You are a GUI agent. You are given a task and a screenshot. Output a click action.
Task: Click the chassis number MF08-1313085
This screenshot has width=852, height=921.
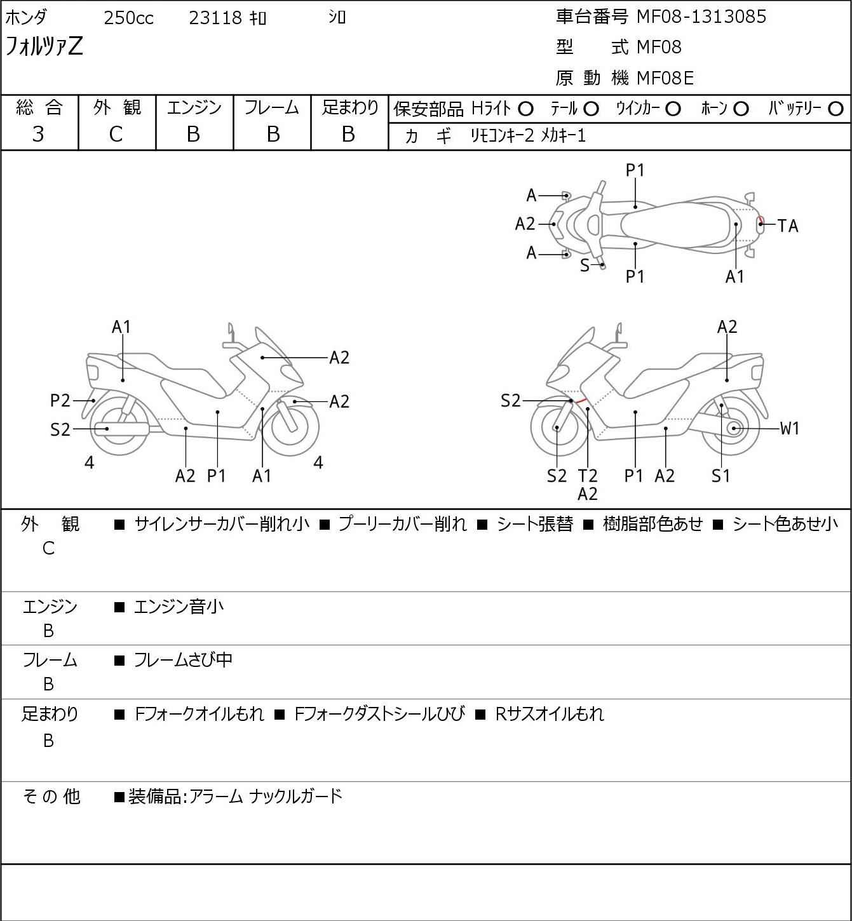(701, 17)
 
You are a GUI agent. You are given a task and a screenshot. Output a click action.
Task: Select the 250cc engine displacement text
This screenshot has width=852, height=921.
(128, 18)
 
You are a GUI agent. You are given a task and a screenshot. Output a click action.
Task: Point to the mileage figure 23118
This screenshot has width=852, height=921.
(215, 18)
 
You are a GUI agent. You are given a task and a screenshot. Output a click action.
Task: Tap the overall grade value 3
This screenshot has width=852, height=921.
(38, 134)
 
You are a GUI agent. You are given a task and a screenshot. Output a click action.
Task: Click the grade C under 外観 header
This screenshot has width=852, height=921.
(116, 134)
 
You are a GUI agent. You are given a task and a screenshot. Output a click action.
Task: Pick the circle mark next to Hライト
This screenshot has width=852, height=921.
(525, 109)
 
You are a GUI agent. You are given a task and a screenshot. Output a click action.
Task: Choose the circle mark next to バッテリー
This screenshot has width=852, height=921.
(836, 109)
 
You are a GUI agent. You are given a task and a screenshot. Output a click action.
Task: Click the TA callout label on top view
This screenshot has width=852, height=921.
(787, 225)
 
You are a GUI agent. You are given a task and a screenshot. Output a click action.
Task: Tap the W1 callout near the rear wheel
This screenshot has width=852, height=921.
(789, 428)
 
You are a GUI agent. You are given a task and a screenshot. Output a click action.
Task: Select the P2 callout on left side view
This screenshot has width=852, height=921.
(60, 400)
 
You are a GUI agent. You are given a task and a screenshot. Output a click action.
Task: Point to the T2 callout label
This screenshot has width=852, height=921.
(588, 476)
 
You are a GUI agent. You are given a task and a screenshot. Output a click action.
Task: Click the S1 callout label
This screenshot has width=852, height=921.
(720, 476)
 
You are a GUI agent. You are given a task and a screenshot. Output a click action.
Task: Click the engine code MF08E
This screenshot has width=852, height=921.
(665, 78)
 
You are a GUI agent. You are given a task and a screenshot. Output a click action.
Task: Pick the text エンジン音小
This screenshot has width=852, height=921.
(179, 607)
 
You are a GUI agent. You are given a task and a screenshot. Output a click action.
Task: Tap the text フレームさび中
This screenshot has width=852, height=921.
(183, 661)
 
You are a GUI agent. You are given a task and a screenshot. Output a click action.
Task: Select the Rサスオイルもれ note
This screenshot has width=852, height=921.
(549, 714)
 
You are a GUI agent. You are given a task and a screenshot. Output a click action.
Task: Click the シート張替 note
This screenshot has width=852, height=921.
(534, 524)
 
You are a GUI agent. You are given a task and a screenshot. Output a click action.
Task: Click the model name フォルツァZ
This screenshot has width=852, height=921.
(44, 46)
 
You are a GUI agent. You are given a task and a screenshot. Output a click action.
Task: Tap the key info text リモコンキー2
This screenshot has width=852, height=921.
(503, 135)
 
